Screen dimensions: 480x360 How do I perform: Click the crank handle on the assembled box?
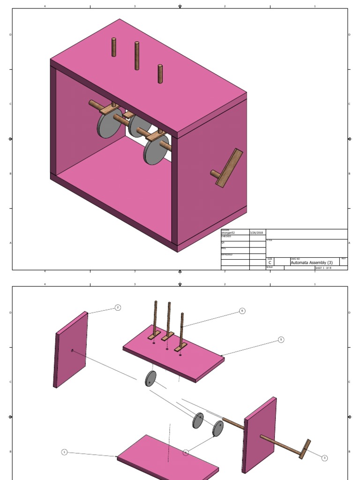click(230, 168)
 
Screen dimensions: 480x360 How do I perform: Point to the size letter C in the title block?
click(270, 263)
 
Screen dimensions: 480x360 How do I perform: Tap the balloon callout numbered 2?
click(118, 307)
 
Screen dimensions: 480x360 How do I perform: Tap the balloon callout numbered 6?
click(242, 311)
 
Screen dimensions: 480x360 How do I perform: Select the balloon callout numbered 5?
click(281, 339)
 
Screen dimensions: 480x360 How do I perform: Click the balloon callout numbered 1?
click(64, 452)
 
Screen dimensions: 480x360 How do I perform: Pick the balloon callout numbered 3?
click(324, 458)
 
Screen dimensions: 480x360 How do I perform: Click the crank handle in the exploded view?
click(305, 449)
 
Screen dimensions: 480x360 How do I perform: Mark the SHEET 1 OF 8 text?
click(323, 268)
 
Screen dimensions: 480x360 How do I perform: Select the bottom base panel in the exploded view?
click(168, 457)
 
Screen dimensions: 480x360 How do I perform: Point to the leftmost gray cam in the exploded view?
click(150, 379)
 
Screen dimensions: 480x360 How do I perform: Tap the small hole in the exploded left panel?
click(72, 350)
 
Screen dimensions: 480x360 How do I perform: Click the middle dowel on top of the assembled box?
click(137, 56)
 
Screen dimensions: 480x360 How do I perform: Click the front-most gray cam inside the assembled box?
click(156, 150)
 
